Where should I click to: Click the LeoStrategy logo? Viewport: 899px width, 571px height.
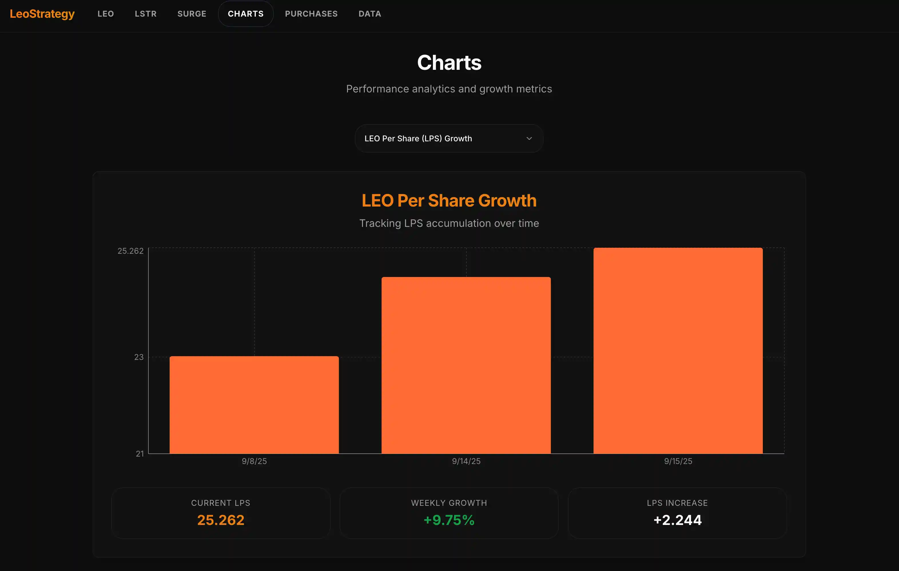tap(42, 14)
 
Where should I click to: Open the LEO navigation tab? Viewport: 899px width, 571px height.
tap(106, 14)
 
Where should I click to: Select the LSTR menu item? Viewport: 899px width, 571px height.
tap(146, 14)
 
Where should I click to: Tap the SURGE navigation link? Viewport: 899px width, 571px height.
tap(192, 14)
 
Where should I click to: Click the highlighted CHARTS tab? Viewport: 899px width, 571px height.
tap(246, 14)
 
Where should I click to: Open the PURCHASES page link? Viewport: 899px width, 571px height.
tap(311, 14)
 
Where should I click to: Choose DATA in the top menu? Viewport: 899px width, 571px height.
tap(370, 14)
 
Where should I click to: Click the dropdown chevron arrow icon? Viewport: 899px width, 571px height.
tap(529, 138)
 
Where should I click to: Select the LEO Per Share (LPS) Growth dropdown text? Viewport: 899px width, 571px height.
tap(418, 138)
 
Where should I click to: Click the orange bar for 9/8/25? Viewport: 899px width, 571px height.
tap(254, 405)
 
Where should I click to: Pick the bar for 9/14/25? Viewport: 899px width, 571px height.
tap(466, 365)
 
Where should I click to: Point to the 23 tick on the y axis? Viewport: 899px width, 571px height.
tap(139, 357)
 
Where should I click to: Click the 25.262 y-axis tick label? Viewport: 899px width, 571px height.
tap(130, 251)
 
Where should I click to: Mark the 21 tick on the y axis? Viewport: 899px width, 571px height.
tap(140, 454)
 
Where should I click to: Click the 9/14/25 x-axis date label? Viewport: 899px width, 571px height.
tap(466, 461)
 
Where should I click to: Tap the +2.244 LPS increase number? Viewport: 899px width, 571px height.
tap(677, 520)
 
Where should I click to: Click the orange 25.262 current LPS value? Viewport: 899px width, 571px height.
tap(221, 520)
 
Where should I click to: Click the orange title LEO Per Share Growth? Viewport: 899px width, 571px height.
tap(449, 201)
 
